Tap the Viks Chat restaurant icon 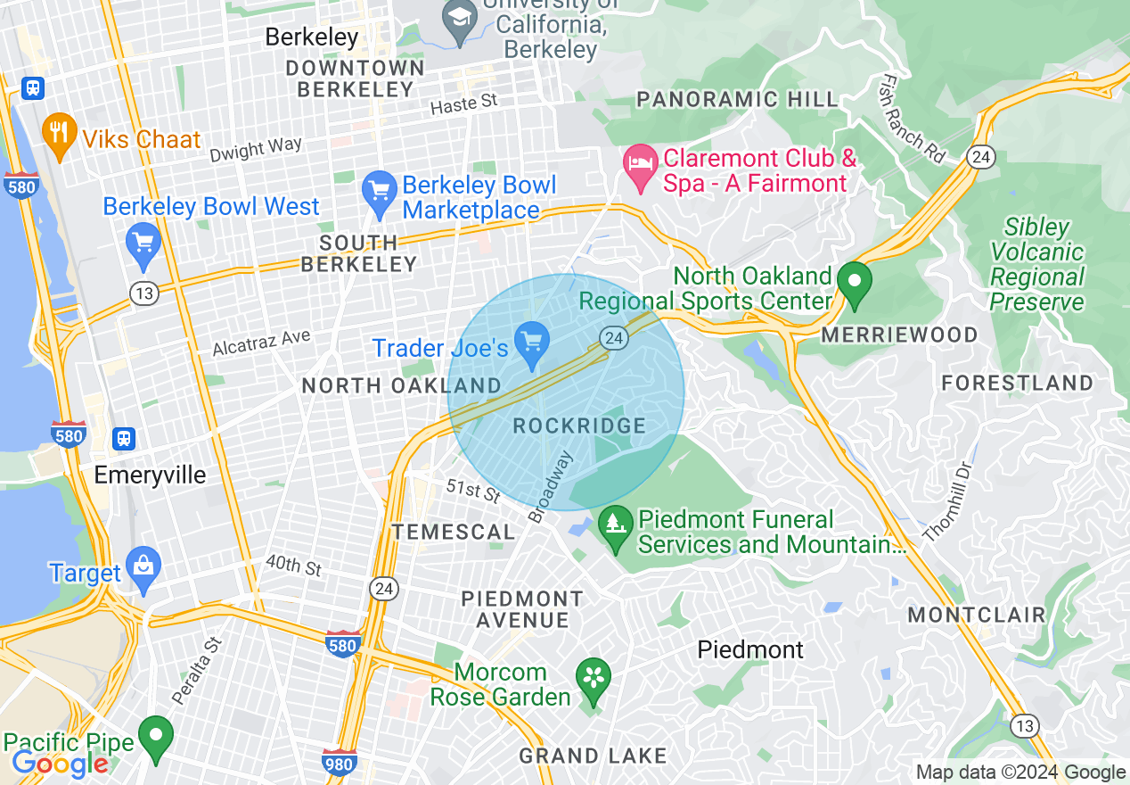tap(59, 136)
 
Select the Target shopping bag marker tap(143, 569)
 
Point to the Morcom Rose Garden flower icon tap(593, 678)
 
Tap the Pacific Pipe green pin tap(157, 737)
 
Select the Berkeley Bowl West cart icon tap(143, 244)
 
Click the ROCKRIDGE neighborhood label tap(579, 426)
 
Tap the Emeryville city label tap(150, 475)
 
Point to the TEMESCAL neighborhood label tap(454, 533)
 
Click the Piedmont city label tap(750, 649)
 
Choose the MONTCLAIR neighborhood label tap(976, 615)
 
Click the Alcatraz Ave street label tap(261, 343)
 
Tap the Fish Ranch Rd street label tap(911, 120)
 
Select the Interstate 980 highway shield tap(340, 764)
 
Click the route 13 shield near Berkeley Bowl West tap(143, 293)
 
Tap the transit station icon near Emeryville tap(124, 438)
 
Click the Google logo tap(60, 764)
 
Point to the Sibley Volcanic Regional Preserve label tap(1037, 265)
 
